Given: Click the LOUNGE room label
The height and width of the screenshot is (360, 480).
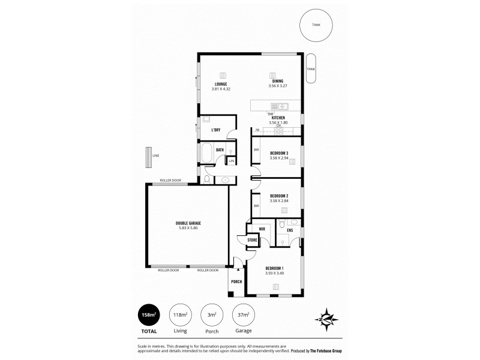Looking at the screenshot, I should (x=221, y=84).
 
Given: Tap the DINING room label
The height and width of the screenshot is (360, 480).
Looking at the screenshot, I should (x=276, y=82).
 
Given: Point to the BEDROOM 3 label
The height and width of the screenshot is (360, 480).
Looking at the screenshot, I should (x=279, y=153).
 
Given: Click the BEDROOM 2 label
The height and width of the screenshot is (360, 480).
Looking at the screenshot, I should (x=279, y=196).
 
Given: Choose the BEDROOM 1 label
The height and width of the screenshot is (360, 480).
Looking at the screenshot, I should (x=274, y=268).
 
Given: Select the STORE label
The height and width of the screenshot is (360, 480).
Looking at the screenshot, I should (x=252, y=241).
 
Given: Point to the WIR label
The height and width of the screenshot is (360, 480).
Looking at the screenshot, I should (x=262, y=229).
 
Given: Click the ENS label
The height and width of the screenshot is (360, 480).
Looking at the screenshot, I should (x=290, y=230).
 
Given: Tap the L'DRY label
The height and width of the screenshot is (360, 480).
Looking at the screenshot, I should (x=216, y=130).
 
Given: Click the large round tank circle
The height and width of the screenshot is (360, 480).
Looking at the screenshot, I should (x=316, y=25).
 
